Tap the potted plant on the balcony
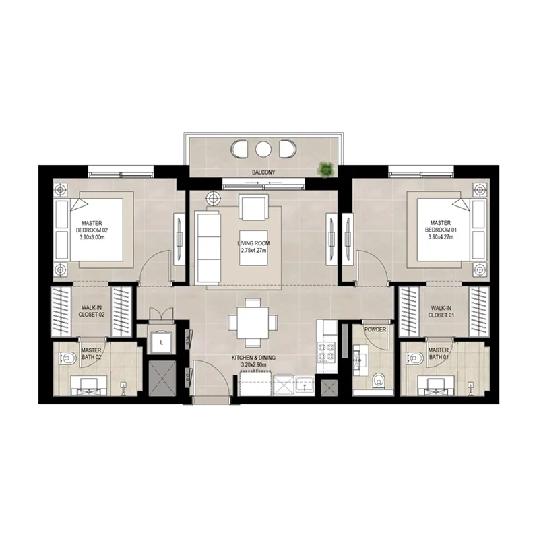326,169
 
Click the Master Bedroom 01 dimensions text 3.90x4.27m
441,236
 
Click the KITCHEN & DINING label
255,358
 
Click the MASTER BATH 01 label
439,354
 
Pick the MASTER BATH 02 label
91,354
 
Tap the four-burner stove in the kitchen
327,351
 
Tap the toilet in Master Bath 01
414,358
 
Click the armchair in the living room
253,207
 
